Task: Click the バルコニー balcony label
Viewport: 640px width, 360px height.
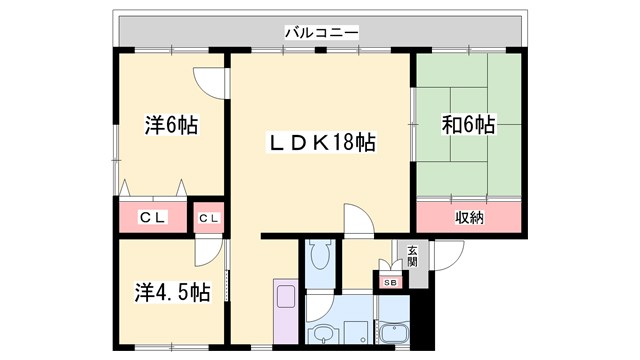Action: [x=321, y=33]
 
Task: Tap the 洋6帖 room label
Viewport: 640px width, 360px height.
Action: [x=170, y=127]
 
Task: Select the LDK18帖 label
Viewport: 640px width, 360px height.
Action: [x=320, y=143]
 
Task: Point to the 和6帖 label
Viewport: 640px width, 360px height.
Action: [x=468, y=125]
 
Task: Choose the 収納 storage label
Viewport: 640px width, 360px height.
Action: [x=469, y=216]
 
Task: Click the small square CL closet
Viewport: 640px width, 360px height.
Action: [x=209, y=217]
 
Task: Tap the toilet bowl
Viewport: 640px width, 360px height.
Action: [x=319, y=258]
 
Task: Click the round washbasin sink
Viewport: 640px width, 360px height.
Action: [x=324, y=334]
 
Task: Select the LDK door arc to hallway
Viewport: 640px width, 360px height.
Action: [x=357, y=218]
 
